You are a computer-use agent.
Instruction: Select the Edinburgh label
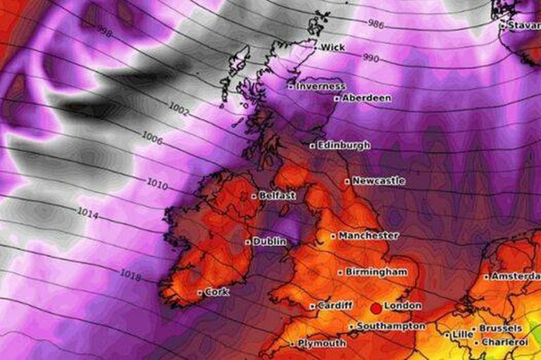[x=343, y=145]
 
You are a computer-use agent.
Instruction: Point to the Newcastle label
[x=378, y=181]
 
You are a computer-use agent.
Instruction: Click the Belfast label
[x=277, y=195]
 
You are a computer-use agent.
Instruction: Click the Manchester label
[x=368, y=235]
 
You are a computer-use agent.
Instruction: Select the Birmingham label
[x=376, y=271]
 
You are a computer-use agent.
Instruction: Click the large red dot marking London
[x=375, y=308]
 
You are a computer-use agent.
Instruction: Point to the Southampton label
[x=390, y=326]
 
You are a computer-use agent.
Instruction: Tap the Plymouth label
[x=321, y=343]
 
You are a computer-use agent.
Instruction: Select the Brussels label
[x=500, y=328]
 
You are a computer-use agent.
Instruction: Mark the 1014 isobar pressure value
[x=88, y=211]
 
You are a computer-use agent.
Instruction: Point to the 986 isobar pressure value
[x=377, y=23]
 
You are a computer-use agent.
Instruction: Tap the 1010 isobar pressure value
[x=157, y=185]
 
